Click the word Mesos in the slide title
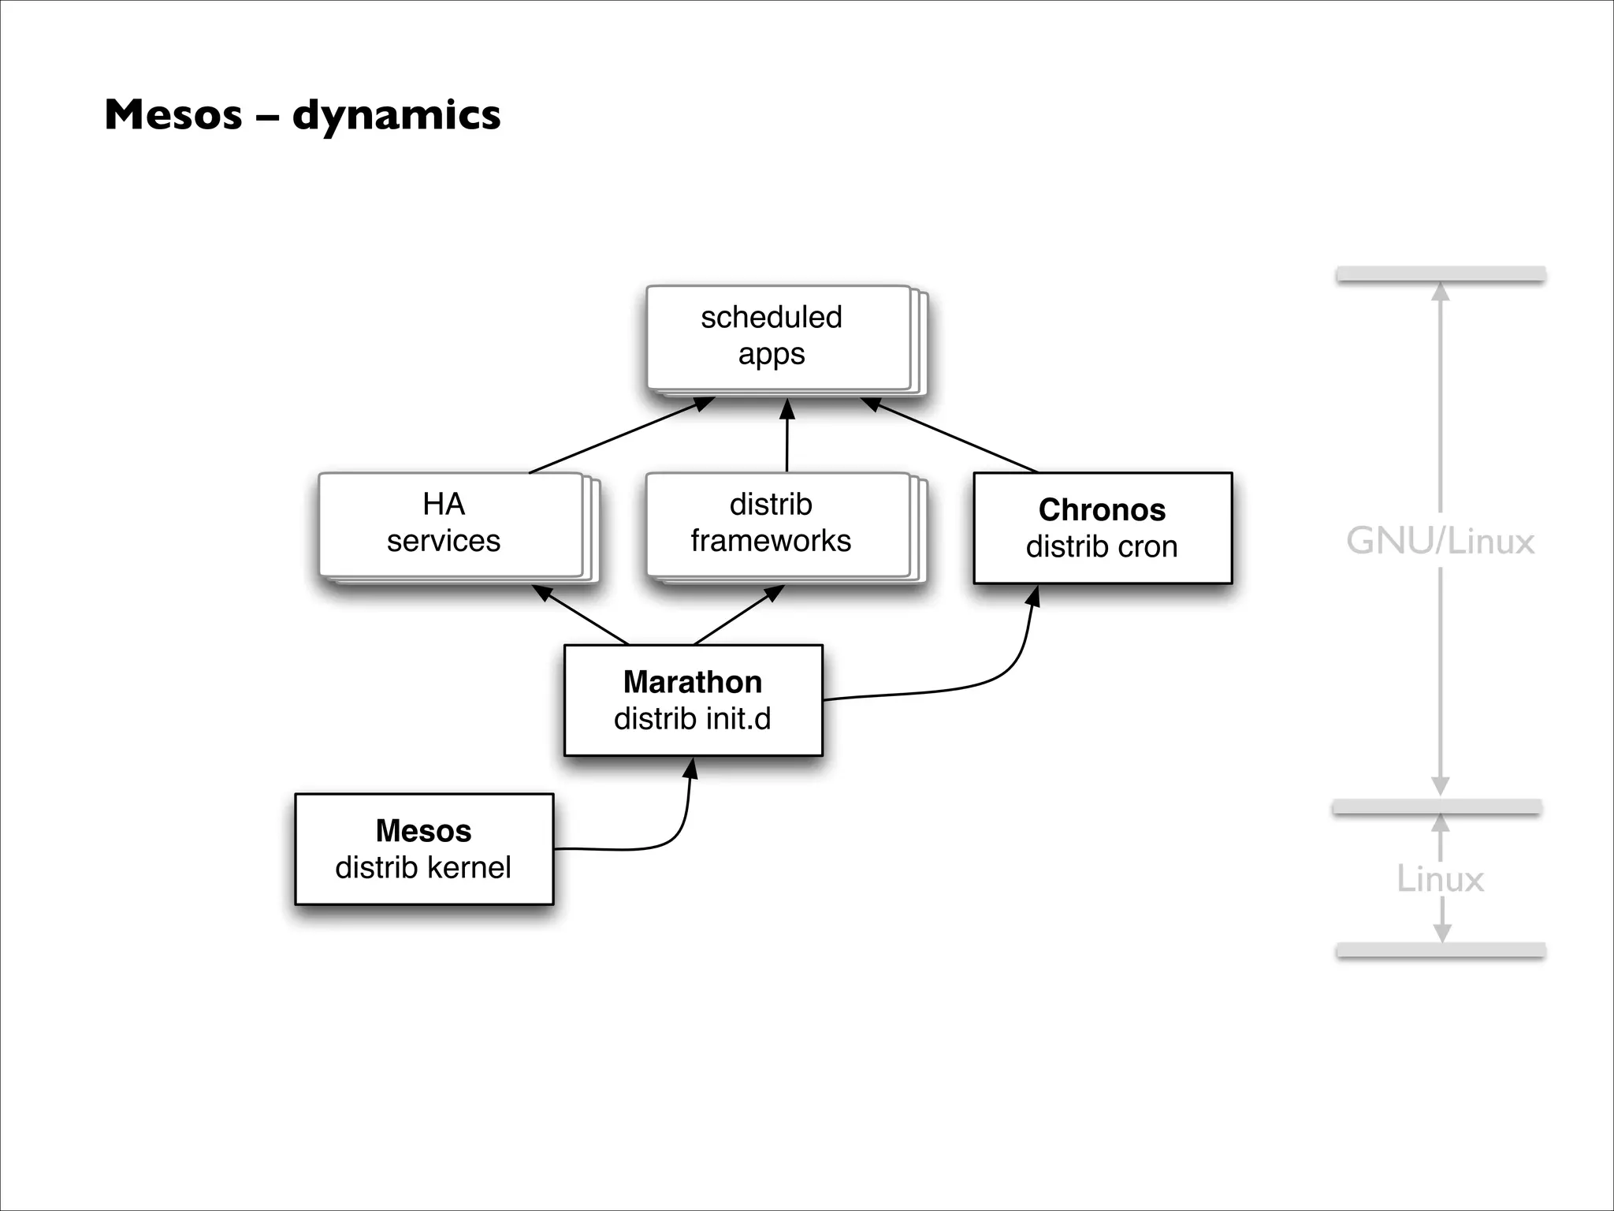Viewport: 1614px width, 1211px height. (x=173, y=115)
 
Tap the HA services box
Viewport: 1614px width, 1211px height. (x=449, y=524)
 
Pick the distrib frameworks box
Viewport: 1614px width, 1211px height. (x=777, y=524)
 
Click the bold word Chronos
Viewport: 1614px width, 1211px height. (x=1102, y=510)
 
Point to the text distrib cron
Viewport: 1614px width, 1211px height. (x=1102, y=547)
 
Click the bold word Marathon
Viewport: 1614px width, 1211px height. (x=693, y=682)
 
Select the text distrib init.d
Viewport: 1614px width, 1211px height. (x=693, y=719)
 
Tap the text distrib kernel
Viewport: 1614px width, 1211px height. (x=423, y=868)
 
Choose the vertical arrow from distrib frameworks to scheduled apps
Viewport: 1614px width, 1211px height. (x=787, y=438)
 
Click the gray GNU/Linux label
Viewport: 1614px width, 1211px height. (x=1440, y=542)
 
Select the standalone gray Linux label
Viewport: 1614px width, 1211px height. (x=1440, y=879)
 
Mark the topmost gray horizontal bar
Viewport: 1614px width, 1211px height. (x=1440, y=274)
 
